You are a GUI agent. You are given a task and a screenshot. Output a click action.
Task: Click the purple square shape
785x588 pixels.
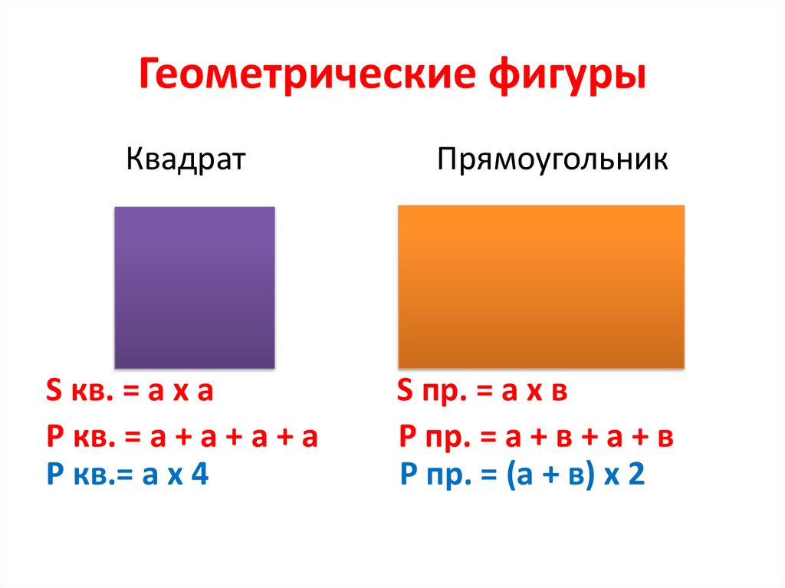(194, 287)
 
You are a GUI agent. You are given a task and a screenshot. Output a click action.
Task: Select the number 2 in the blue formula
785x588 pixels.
(636, 475)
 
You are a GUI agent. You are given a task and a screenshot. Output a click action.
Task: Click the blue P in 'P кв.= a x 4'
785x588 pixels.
(53, 475)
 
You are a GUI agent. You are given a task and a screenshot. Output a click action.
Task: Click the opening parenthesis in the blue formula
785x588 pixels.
(510, 476)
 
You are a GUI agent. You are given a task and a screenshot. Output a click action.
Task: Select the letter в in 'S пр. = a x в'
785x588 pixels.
(559, 394)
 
